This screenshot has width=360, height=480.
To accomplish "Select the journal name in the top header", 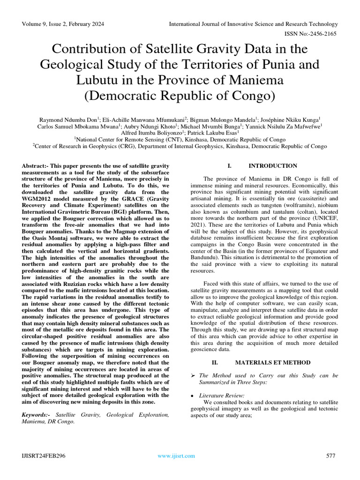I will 253,24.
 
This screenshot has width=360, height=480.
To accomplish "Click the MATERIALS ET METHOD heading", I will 273,362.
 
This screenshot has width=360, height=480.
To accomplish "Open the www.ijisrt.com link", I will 176,456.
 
